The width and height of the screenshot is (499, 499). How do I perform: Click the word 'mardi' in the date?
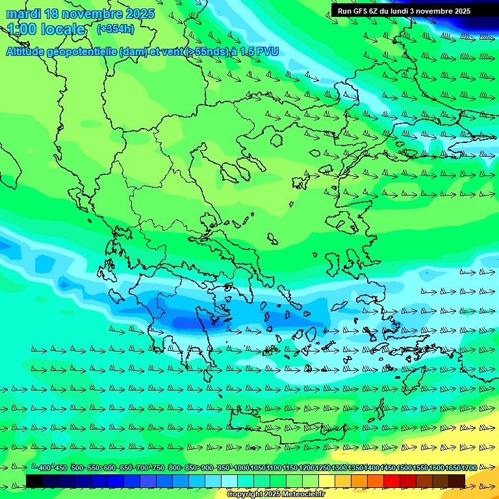click(21, 14)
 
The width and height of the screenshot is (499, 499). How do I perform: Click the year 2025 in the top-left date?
click(138, 14)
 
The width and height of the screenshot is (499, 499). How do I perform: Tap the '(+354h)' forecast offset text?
click(115, 29)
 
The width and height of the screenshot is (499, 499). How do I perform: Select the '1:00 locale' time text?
click(46, 29)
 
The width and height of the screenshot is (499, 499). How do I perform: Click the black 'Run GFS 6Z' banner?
click(404, 11)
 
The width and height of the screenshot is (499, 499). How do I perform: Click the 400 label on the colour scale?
click(44, 468)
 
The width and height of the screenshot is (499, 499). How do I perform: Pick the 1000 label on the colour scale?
click(242, 468)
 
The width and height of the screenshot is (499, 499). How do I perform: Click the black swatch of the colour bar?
click(34, 481)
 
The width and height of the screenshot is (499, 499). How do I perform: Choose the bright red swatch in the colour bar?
click(392, 481)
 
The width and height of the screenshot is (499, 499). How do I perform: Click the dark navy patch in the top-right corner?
click(481, 23)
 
